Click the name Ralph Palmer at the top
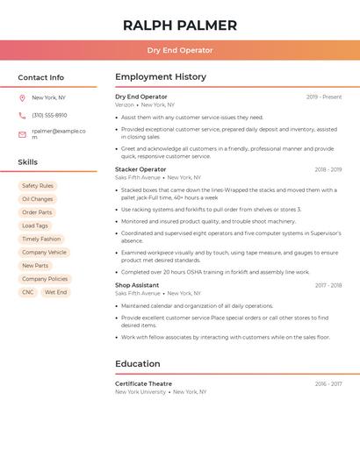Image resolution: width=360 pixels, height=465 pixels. [180, 25]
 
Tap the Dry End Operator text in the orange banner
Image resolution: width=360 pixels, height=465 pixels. [180, 50]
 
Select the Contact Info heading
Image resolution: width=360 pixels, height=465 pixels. [40, 77]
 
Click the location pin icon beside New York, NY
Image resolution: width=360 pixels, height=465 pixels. [22, 98]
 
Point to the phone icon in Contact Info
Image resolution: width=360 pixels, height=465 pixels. [22, 115]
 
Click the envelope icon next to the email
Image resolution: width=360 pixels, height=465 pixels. [22, 134]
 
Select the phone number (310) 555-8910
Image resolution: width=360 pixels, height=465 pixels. [49, 115]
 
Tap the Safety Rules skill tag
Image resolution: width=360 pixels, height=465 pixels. [38, 186]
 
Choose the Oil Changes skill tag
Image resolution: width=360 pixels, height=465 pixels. [38, 199]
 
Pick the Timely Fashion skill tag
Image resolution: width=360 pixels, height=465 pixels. [41, 239]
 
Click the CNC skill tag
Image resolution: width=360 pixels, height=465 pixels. [28, 292]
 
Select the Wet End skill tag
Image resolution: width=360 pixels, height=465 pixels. [55, 292]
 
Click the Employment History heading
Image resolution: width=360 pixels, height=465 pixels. [161, 77]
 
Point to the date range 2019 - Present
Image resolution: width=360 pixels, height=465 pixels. [324, 97]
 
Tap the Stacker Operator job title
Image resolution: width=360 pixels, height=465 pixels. [140, 169]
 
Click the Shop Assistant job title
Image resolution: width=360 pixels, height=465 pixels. [137, 285]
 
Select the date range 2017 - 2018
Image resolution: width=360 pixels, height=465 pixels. [328, 285]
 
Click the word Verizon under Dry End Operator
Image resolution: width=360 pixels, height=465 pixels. [125, 104]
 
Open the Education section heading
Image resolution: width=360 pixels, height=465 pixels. [138, 364]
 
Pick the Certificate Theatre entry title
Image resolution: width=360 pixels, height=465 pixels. [143, 384]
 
